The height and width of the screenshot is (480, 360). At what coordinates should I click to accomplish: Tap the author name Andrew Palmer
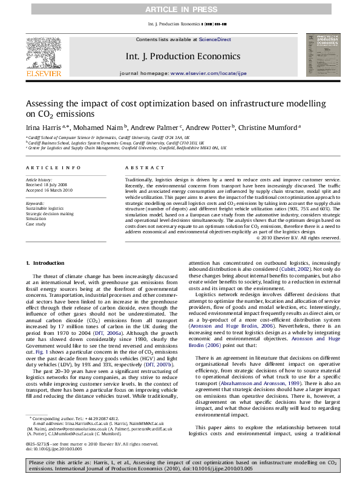pos(149,127)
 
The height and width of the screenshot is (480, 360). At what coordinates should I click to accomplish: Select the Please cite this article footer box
pos(180,465)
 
